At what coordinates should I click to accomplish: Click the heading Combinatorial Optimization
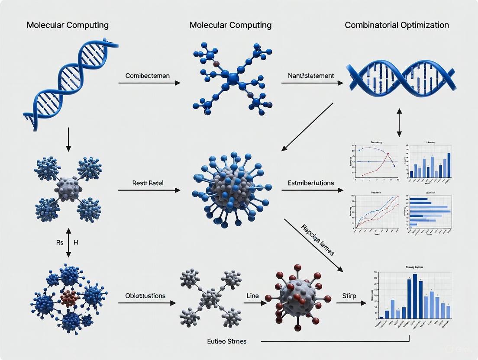click(397, 25)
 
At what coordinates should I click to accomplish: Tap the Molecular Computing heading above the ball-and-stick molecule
click(230, 25)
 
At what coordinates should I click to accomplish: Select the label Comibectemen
click(147, 76)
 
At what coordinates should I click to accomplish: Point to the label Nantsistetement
click(311, 76)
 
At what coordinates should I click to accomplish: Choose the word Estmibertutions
click(311, 183)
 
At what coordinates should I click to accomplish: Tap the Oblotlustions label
click(145, 296)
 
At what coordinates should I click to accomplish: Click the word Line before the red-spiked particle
click(252, 296)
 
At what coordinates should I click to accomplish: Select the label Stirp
click(349, 296)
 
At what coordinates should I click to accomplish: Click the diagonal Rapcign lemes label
click(318, 239)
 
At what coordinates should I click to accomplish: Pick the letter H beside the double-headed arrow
click(76, 243)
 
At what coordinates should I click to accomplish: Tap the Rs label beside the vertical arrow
click(60, 243)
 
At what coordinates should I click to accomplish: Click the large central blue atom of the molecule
click(233, 78)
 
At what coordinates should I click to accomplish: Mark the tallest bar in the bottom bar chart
click(415, 296)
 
